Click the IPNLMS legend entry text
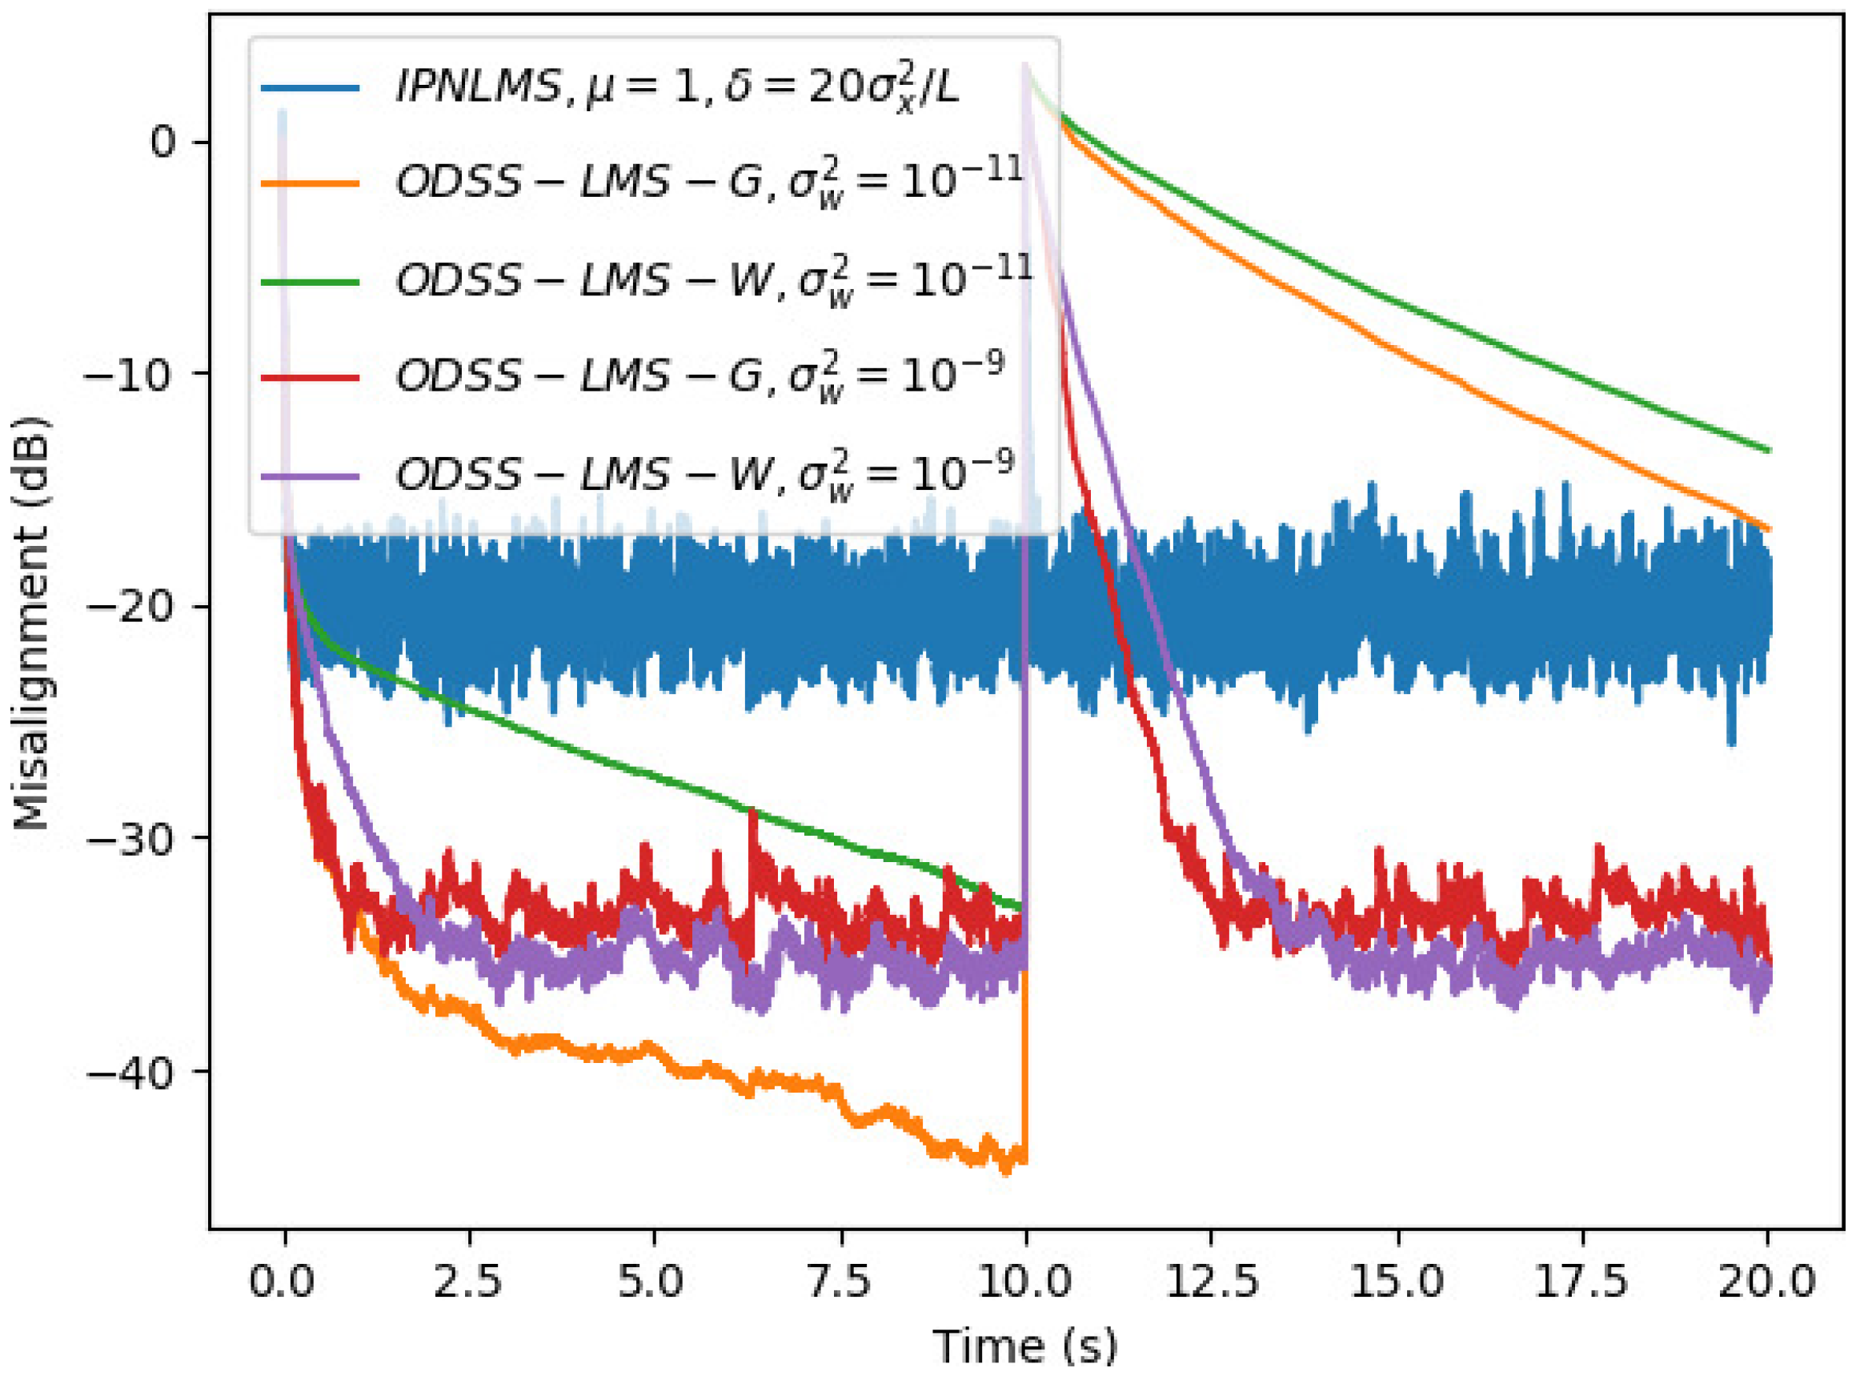pos(676,86)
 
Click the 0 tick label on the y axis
pos(164,142)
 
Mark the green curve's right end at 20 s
pos(1769,451)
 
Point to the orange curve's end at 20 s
pos(1769,529)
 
